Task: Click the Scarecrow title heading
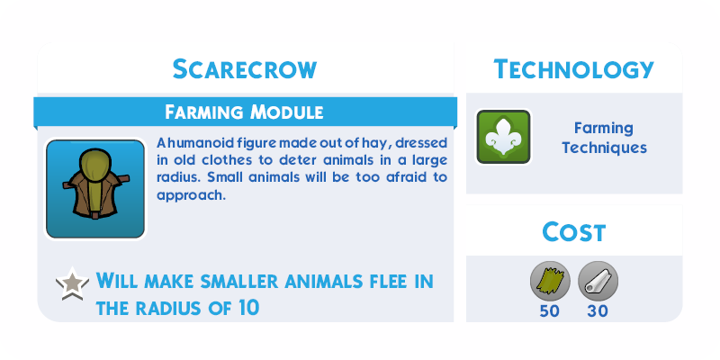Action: pos(245,69)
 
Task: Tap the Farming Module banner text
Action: pos(244,112)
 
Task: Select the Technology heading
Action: pos(573,69)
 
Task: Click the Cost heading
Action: pos(574,232)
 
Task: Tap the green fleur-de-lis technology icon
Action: pos(503,137)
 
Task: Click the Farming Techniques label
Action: pos(604,138)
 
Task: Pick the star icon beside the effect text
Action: pos(72,283)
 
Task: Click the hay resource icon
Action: pos(550,281)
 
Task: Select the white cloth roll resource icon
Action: pos(598,281)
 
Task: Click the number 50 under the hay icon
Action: pos(550,311)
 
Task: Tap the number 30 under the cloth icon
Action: pos(598,311)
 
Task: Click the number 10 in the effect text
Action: pos(248,308)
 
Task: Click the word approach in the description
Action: pos(191,196)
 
